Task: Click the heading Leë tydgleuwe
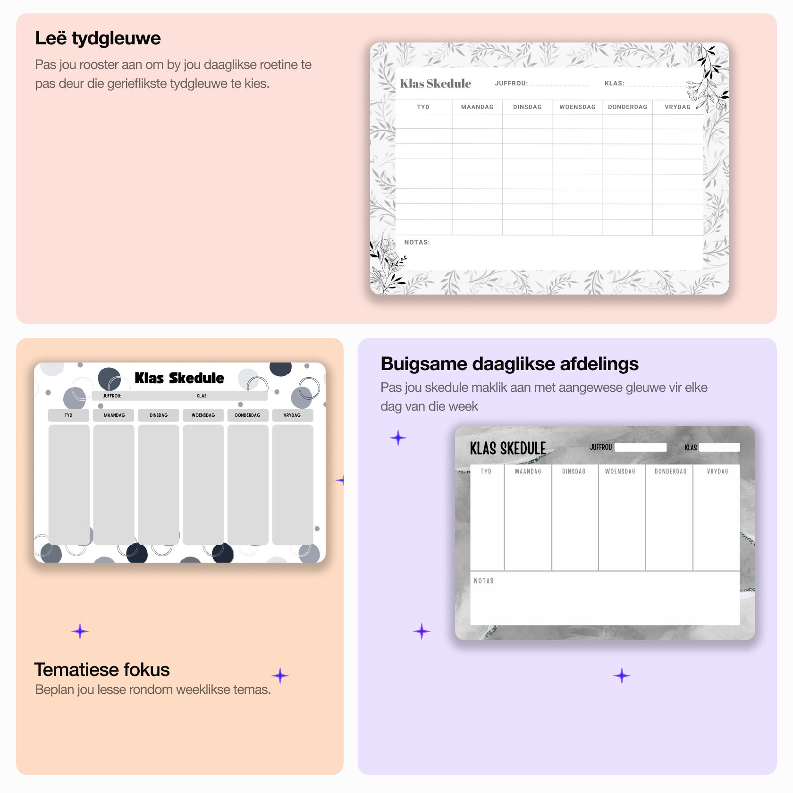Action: [98, 38]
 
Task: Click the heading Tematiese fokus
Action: [101, 669]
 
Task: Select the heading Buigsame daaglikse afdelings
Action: [509, 364]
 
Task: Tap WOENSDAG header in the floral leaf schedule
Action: [577, 107]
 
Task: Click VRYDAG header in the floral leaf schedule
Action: [677, 107]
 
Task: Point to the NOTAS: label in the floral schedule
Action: [416, 242]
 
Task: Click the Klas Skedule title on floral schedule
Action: [435, 84]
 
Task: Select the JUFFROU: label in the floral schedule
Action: [511, 84]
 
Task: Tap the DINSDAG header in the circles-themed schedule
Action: [159, 415]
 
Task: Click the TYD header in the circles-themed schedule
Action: [68, 415]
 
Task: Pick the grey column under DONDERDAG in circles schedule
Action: [248, 484]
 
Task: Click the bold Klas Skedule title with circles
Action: [179, 378]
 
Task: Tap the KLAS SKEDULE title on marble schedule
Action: [507, 448]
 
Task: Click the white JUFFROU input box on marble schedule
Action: [641, 447]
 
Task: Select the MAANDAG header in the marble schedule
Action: [528, 472]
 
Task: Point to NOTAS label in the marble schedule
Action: [483, 581]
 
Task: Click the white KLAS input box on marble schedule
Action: [719, 447]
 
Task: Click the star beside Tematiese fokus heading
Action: [280, 676]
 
